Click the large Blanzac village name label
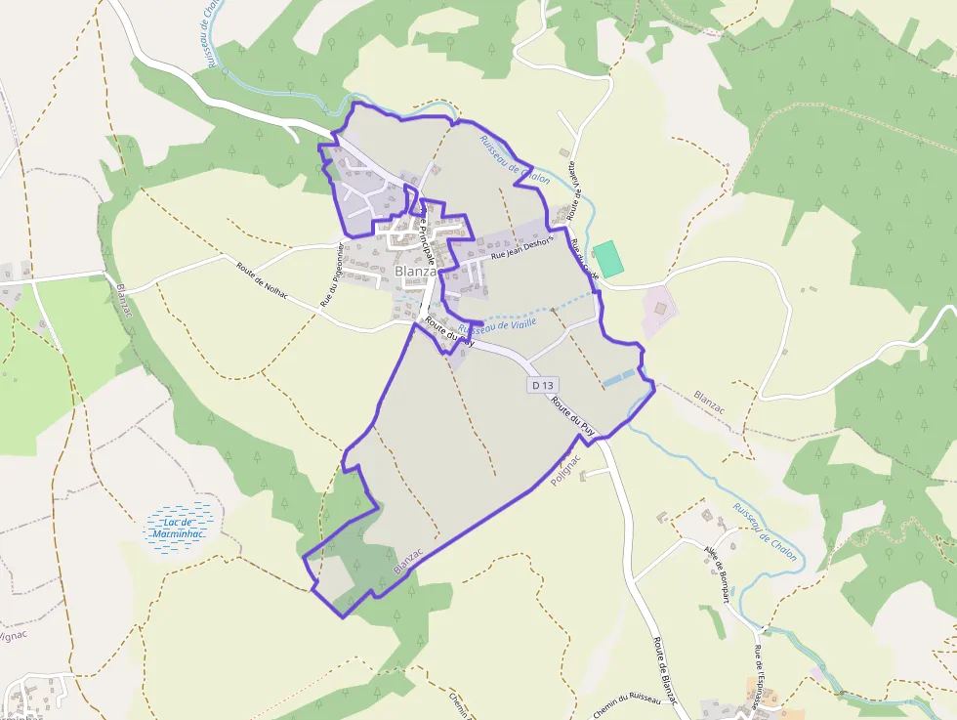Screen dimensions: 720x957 (416, 272)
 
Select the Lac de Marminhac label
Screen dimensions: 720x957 (178, 529)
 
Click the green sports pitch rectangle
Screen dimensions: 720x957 (608, 259)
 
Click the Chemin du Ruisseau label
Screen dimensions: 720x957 (626, 704)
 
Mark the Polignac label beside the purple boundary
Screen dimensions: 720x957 (566, 471)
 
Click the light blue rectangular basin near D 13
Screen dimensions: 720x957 (618, 378)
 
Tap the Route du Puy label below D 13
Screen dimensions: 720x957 (574, 415)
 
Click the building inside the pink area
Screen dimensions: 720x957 (661, 309)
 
